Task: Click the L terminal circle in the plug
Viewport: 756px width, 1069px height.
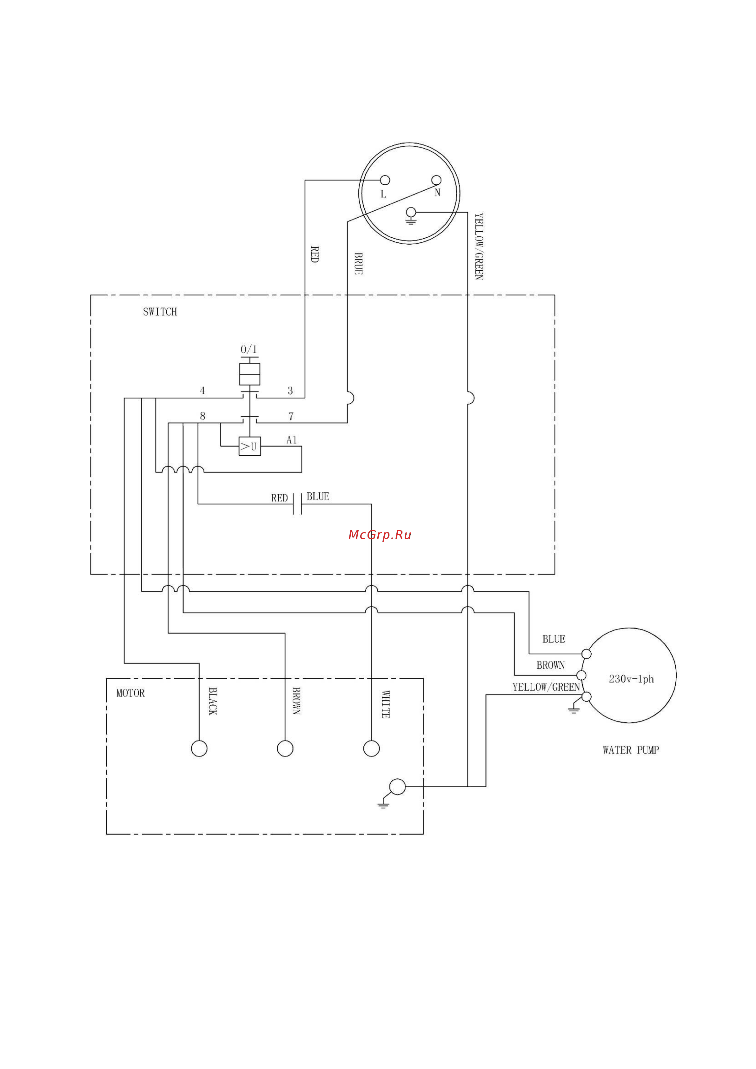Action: point(385,180)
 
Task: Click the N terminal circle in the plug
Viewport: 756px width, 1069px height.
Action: point(436,180)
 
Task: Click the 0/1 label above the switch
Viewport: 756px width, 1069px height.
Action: point(249,349)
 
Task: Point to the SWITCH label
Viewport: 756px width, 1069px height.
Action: point(160,312)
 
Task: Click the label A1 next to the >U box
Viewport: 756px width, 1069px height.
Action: point(292,440)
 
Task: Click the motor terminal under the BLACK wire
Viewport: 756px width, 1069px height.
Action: point(199,749)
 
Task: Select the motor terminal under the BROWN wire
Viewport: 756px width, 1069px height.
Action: point(285,749)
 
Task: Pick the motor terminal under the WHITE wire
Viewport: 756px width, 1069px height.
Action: point(371,749)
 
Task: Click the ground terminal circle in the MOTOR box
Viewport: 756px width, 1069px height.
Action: point(397,787)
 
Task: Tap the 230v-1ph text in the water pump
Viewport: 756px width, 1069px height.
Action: point(631,679)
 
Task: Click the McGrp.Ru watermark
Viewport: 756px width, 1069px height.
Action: point(380,535)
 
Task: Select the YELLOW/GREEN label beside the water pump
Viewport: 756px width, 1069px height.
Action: point(546,687)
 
